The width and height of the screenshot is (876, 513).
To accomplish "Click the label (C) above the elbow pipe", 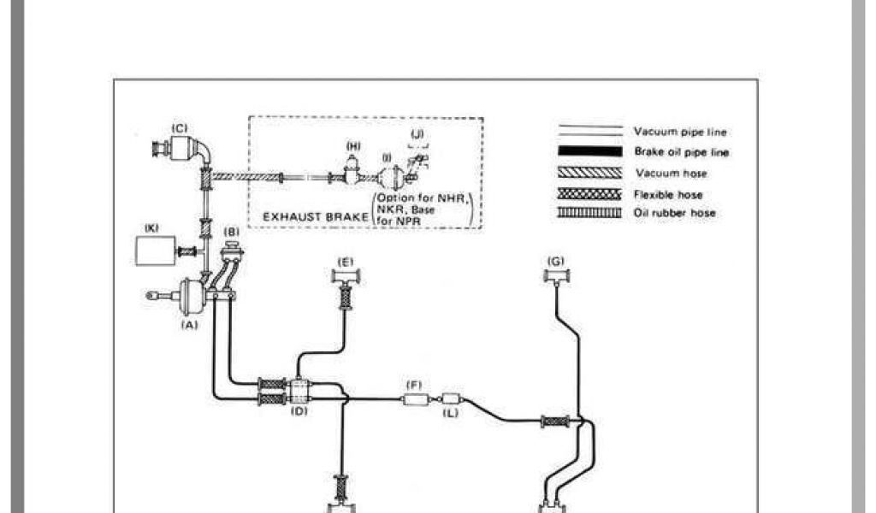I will [x=180, y=128].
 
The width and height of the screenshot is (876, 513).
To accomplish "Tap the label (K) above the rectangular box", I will [x=152, y=229].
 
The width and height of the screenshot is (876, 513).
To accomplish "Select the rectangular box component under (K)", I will [x=155, y=251].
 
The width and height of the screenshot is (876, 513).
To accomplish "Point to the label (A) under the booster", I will [x=190, y=325].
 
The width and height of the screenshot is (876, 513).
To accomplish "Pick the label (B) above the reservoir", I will [x=230, y=232].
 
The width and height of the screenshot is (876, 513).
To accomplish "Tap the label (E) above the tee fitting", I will [x=346, y=261].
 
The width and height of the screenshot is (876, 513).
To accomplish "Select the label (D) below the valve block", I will [x=299, y=411].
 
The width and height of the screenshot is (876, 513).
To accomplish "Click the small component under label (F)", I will [x=414, y=398].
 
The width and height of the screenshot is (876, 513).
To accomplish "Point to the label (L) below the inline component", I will [x=451, y=412].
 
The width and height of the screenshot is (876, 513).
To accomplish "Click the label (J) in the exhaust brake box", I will [x=417, y=134].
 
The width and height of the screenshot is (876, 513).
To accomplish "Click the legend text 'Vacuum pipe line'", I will [x=680, y=132].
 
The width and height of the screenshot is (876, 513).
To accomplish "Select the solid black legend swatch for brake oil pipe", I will [x=589, y=152].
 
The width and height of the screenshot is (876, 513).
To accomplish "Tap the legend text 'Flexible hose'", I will [x=668, y=194].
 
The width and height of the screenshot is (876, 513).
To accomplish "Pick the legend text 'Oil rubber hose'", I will [x=674, y=213].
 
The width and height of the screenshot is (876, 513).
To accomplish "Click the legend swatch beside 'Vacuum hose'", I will [x=589, y=174].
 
